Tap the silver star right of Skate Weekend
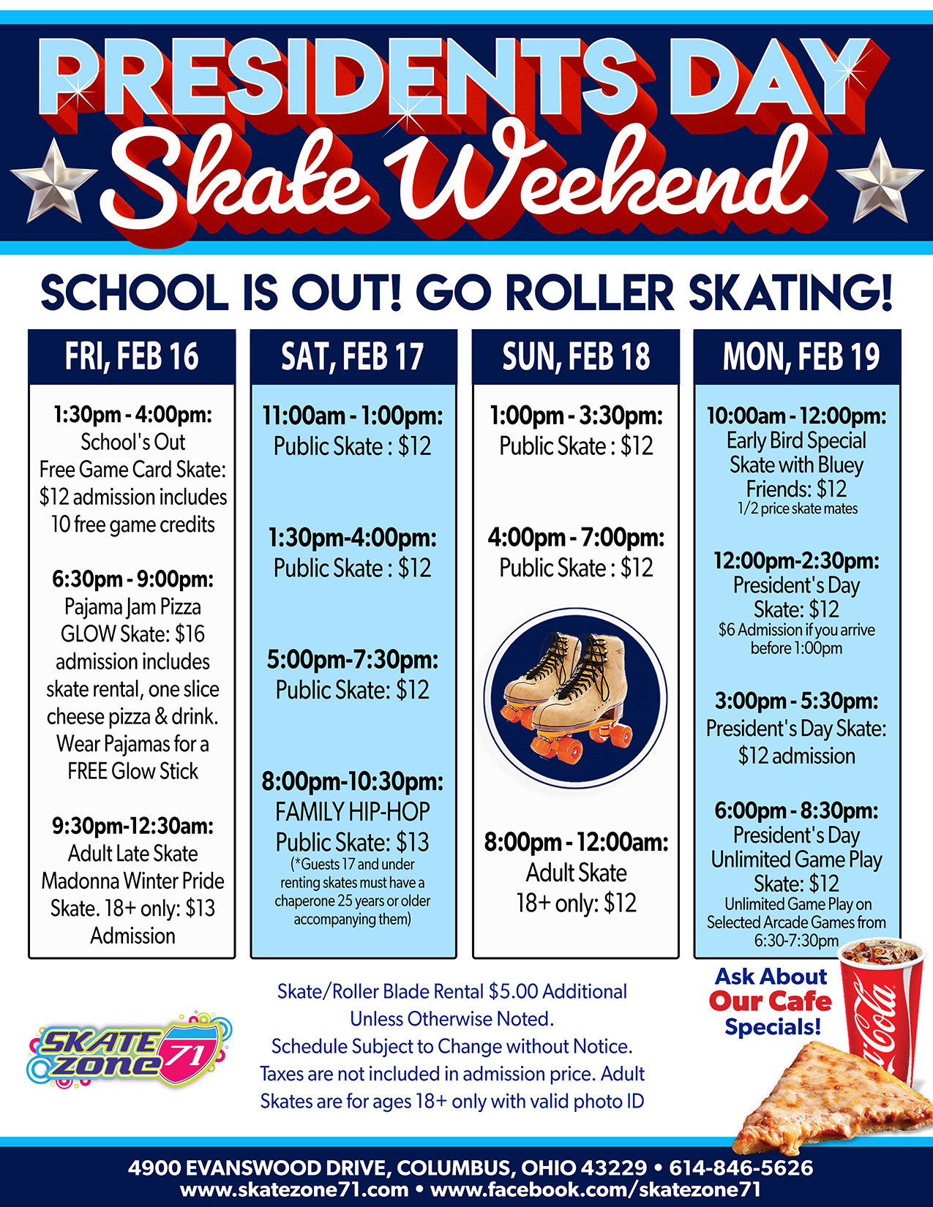pos(880,181)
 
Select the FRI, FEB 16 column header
pos(132,357)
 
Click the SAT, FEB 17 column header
pos(353,357)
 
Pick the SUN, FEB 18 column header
pos(576,357)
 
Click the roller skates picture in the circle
pos(575,699)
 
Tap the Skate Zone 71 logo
pos(129,1050)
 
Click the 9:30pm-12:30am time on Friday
pos(132,826)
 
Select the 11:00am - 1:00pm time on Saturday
pos(353,416)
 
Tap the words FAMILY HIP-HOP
pos(353,811)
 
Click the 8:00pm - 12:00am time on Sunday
pos(576,842)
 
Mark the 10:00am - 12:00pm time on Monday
pos(796,416)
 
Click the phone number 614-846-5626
pos(741,1167)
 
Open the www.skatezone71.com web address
pos(294,1190)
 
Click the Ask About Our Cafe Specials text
pos(771,1001)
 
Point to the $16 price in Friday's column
pos(190,633)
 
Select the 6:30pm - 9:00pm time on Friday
pos(132,579)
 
